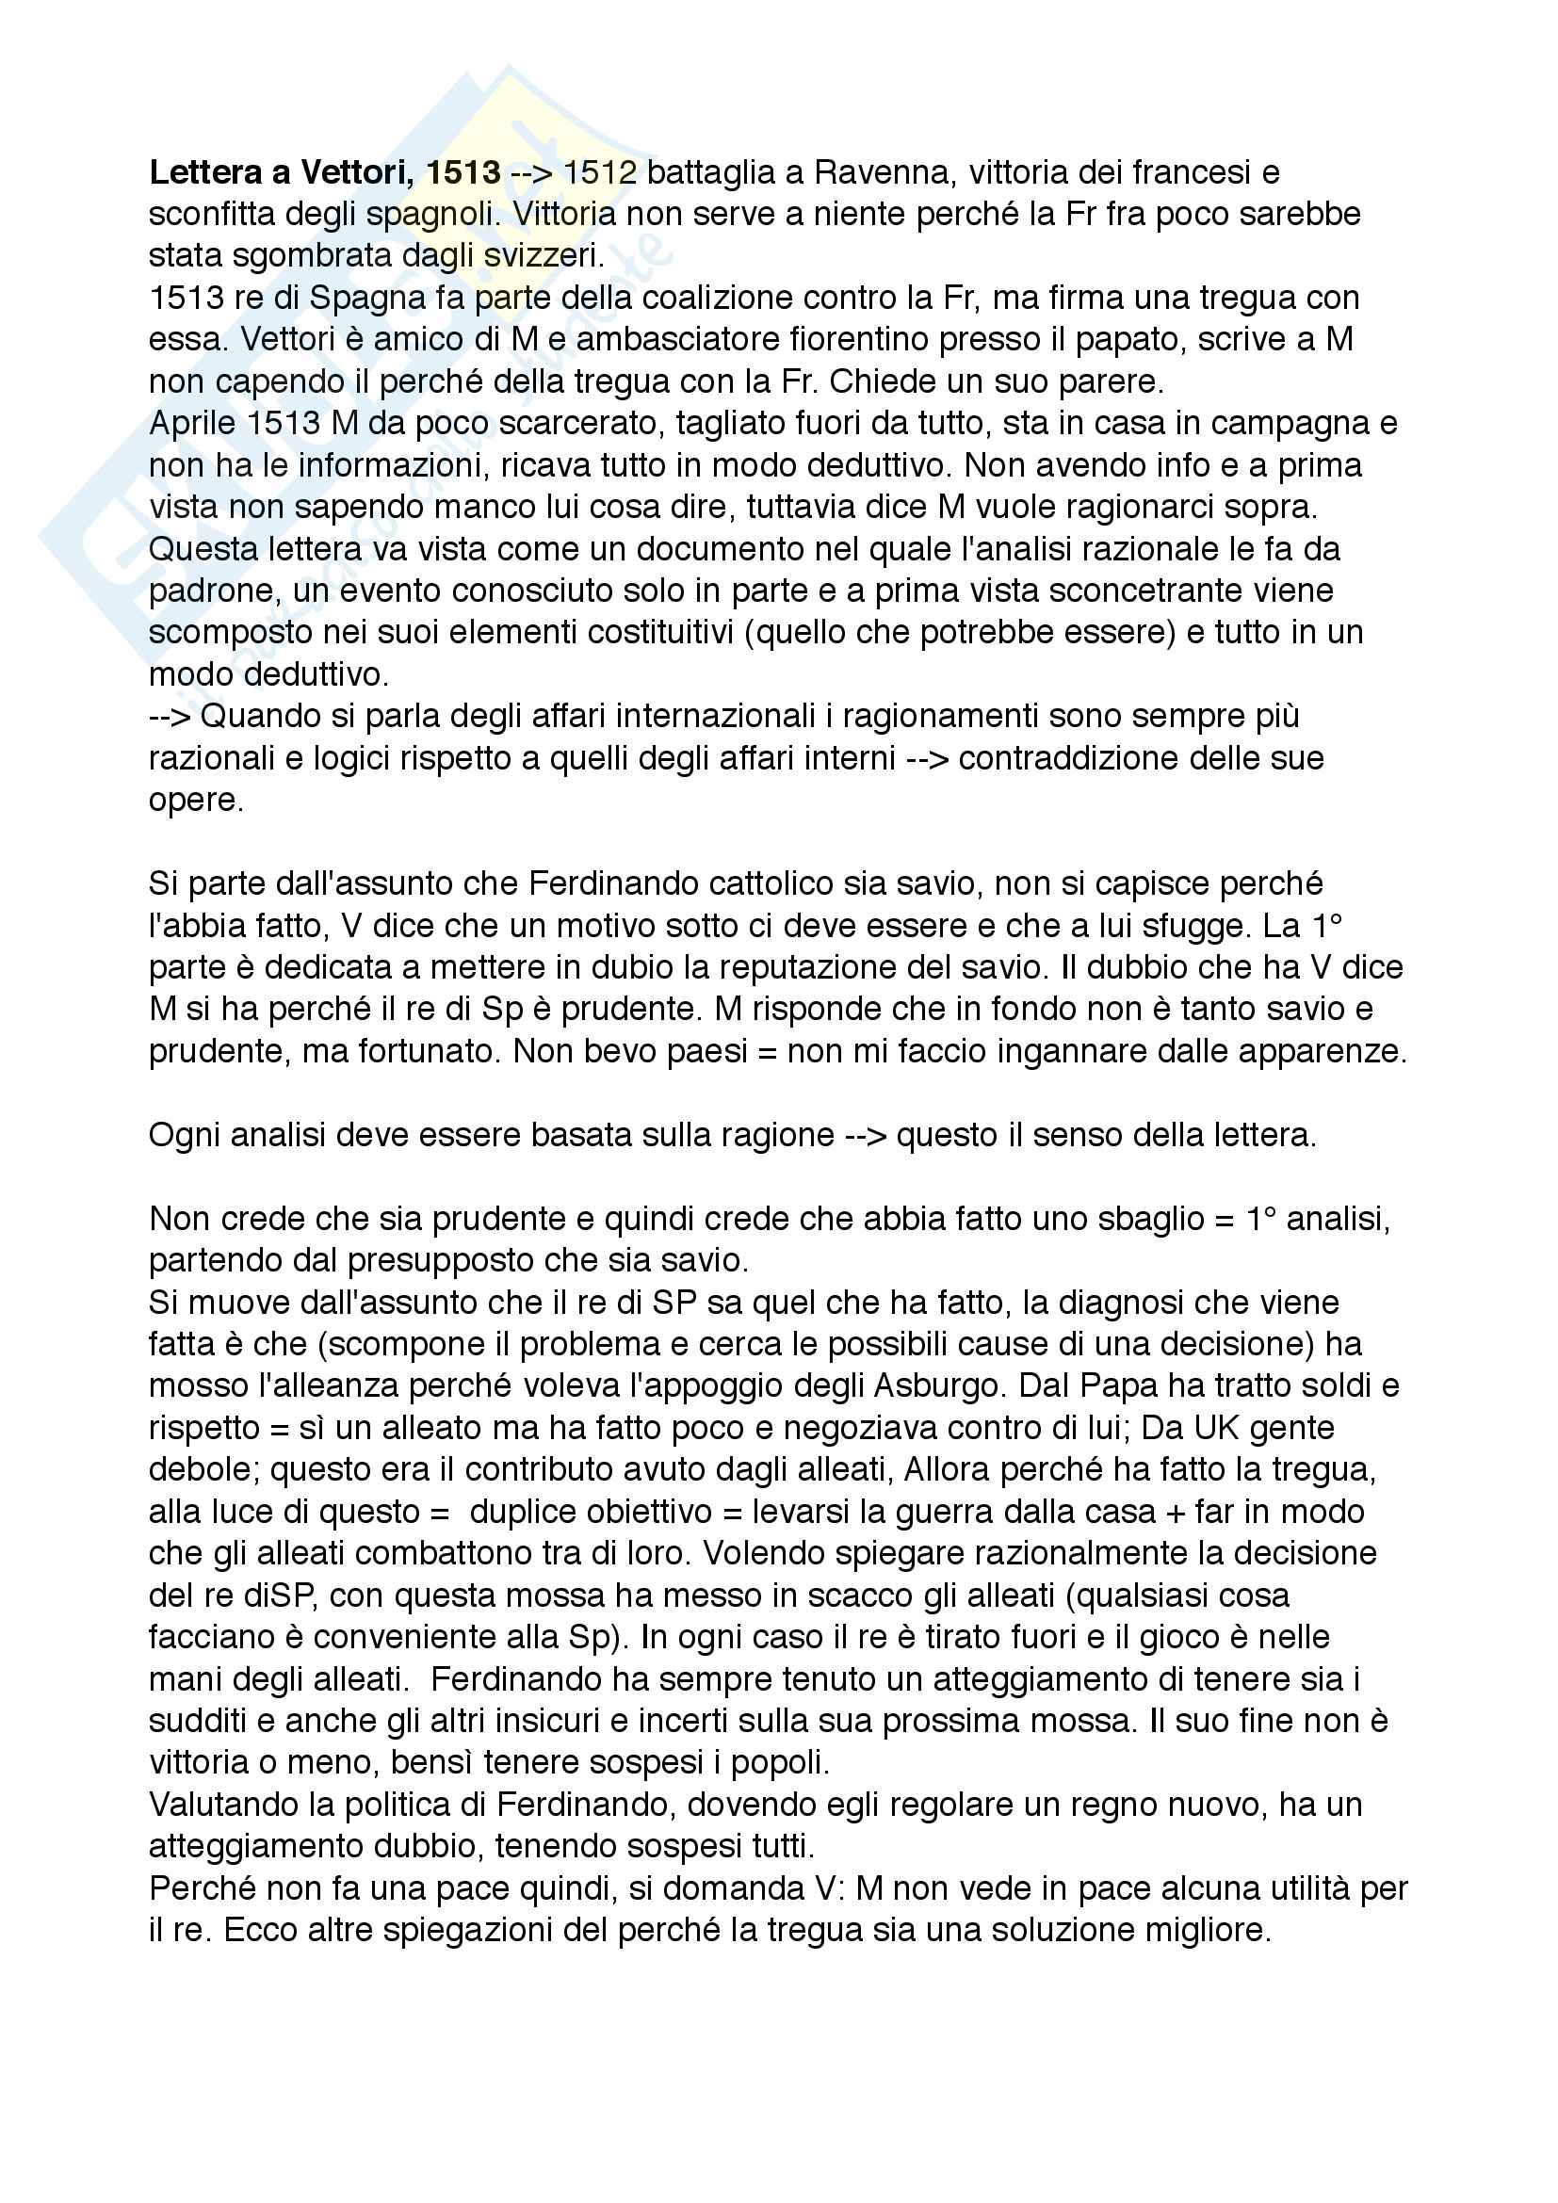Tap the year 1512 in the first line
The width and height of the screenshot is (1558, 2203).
[x=600, y=172]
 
